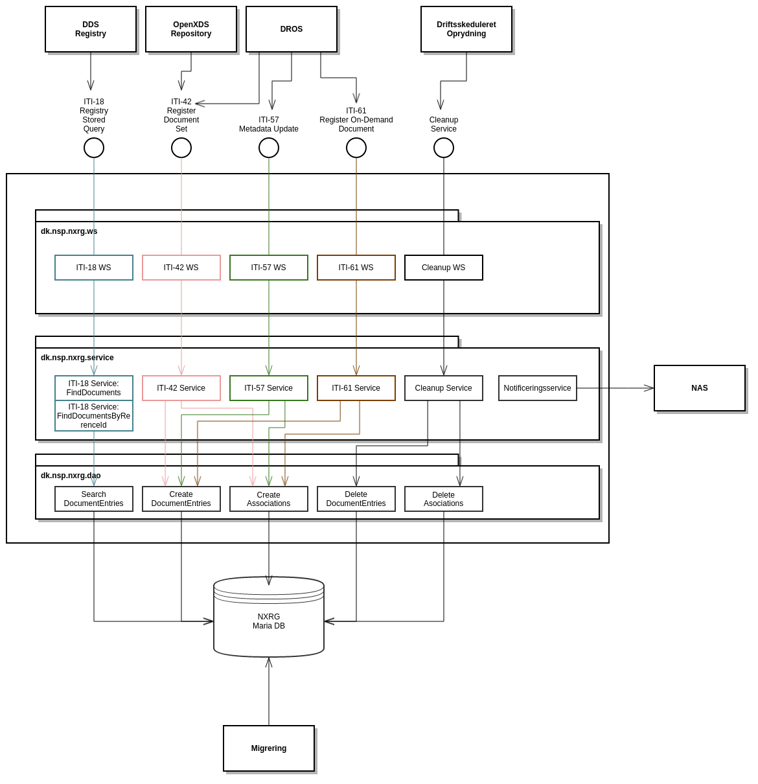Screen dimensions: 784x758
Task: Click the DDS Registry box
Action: tap(91, 29)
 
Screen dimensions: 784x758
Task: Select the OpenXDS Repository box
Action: tap(191, 29)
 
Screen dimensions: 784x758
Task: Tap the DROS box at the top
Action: tap(292, 29)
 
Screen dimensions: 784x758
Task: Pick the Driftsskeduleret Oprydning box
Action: tap(466, 29)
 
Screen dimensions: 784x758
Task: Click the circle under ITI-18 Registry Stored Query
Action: tap(94, 148)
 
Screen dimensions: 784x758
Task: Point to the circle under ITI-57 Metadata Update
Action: tap(269, 148)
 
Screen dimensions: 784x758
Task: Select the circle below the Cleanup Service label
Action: tap(444, 148)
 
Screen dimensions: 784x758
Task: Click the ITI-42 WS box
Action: tap(181, 268)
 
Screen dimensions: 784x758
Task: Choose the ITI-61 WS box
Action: tap(356, 268)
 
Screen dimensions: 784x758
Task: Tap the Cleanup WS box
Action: tap(444, 268)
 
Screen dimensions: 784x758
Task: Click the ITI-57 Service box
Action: tap(269, 388)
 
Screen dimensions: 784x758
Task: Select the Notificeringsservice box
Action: tap(538, 388)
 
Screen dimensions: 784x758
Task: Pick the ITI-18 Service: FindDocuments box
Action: tap(94, 388)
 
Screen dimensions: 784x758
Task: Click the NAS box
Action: tap(700, 388)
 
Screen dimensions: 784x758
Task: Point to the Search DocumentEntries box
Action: tap(94, 499)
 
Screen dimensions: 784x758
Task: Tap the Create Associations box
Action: tap(269, 499)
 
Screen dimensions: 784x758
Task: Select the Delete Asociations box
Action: tap(444, 499)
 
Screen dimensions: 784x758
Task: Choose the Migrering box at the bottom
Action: tap(269, 748)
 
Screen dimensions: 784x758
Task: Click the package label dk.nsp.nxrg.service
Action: tap(77, 358)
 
